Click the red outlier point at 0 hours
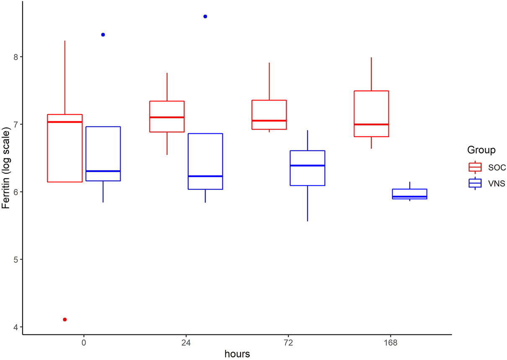65,319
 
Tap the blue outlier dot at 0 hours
103,35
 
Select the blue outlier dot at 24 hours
205,16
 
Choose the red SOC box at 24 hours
167,117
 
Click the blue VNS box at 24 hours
205,161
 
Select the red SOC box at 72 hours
269,115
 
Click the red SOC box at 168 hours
371,114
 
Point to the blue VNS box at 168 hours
409,194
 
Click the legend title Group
482,150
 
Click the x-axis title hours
237,354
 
